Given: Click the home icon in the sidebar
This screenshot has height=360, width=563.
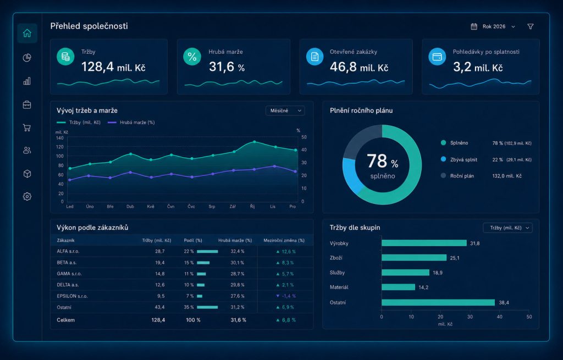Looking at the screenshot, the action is pos(27,33).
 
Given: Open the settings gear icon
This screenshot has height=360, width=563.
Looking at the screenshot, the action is pos(27,196).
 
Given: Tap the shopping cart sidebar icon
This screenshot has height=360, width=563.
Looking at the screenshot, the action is pos(26,128).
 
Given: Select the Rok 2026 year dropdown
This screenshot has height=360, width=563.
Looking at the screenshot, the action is pos(493,26).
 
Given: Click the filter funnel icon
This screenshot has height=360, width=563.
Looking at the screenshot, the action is pos(531,26).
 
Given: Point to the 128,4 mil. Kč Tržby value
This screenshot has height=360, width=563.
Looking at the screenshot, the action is pos(113,67).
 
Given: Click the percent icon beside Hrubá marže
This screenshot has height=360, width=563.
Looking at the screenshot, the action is pos(192,57).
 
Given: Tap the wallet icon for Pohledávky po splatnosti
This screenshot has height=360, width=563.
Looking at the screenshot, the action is pos(437,57).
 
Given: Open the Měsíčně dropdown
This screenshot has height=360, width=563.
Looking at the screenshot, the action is pos(285,110).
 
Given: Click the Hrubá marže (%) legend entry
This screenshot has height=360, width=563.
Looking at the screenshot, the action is pos(131,123).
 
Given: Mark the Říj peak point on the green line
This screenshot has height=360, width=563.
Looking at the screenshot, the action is pos(255,142).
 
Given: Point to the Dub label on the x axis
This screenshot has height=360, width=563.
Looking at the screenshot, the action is pos(130,206).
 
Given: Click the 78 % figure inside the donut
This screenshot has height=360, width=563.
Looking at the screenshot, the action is pos(383,161).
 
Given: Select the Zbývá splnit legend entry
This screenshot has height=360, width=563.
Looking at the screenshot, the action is pos(459,159).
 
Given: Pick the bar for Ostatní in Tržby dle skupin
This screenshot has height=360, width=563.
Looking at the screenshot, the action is pos(438,303).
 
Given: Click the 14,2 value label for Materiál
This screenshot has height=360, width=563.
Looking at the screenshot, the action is pos(423,287).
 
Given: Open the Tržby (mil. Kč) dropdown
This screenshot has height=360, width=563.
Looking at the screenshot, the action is pos(507,228).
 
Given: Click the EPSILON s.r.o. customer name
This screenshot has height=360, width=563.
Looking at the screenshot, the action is pos(72,296).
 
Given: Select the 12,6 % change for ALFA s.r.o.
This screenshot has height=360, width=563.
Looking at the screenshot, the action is pos(286,252).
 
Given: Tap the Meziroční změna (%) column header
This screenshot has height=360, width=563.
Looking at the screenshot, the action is pos(284,240).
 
